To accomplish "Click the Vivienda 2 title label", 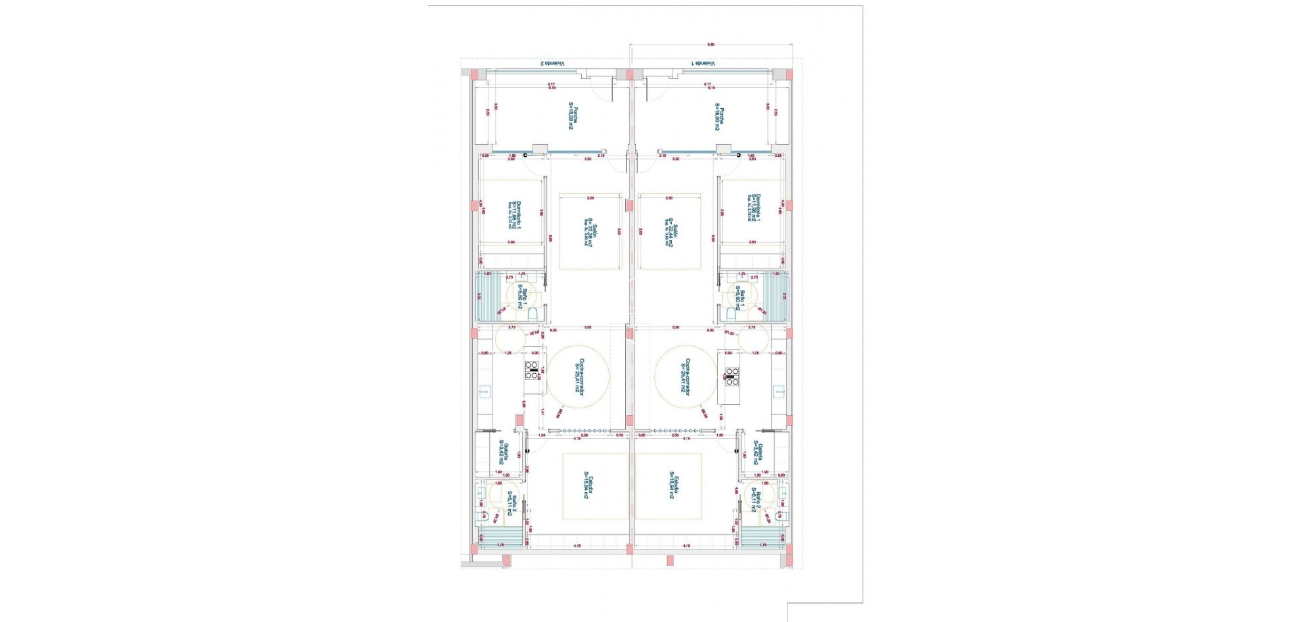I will point(554,64).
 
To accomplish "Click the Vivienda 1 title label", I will point(704,64).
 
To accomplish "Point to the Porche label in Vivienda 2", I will point(572,116).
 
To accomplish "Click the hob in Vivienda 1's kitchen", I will point(732,376).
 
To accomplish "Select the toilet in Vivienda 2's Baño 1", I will point(532,314).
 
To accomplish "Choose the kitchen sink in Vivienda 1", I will point(779,391).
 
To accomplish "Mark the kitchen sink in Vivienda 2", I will point(485,391).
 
